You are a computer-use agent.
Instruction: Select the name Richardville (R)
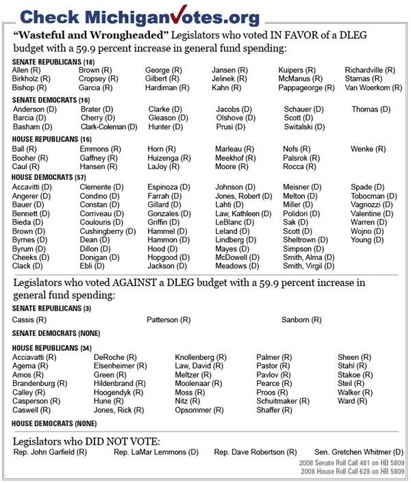point(370,70)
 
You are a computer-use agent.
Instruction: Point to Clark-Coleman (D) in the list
point(108,127)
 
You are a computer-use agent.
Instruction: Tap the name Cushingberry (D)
point(108,232)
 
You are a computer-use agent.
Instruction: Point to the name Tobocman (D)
point(373,196)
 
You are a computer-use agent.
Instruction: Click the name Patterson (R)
point(169,319)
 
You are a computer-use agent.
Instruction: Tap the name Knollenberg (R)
point(201,357)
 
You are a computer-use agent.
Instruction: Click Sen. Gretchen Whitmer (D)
point(359,452)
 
